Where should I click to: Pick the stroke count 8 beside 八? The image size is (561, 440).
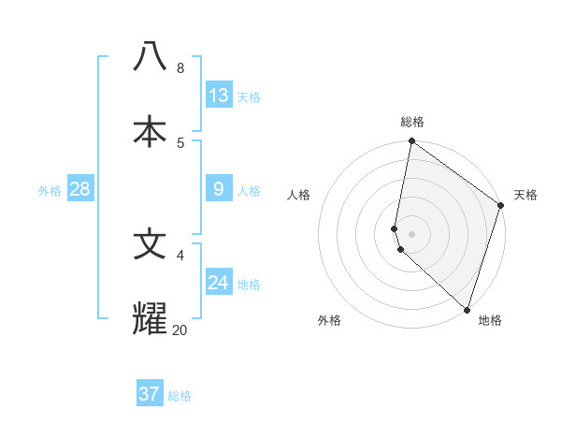pos(180,68)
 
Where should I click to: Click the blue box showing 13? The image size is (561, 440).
pos(219,95)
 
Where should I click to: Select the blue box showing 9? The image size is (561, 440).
pos(219,189)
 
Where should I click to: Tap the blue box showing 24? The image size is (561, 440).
pos(219,282)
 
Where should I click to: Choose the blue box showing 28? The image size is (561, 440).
pos(79,189)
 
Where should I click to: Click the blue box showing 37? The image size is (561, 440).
pos(149,394)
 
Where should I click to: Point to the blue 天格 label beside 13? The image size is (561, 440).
pos(249,97)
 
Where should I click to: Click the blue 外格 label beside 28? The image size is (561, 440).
pos(50,191)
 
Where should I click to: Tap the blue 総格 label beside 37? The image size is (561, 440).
pos(180,396)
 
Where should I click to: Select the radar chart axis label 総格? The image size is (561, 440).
pos(412,122)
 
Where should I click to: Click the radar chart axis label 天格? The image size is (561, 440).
pos(525,195)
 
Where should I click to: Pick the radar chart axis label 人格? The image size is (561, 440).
pos(299,195)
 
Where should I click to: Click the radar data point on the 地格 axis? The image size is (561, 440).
pos(467,310)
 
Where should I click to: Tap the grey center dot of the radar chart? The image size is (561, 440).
pos(411,234)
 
